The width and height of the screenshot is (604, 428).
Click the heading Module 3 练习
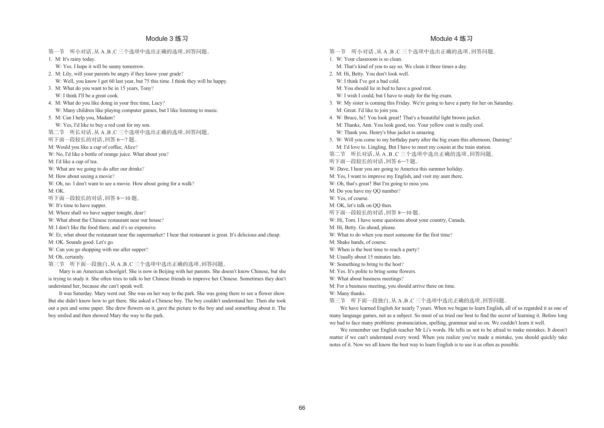[x=167, y=39]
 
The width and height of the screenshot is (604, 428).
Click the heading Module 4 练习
[x=451, y=39]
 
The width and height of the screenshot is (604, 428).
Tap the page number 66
[x=302, y=408]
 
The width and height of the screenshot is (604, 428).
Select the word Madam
[x=104, y=118]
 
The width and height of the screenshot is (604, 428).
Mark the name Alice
[x=130, y=147]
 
